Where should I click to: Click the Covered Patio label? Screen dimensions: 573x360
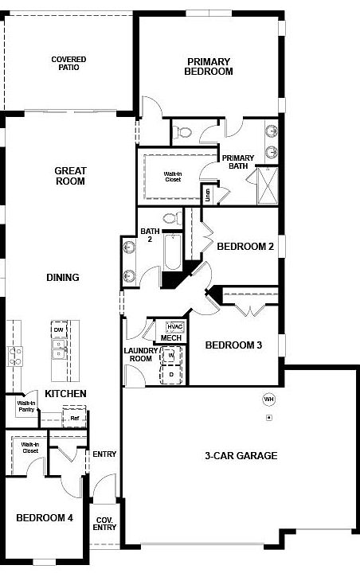pos(68,63)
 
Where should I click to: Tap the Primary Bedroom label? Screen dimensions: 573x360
pos(209,66)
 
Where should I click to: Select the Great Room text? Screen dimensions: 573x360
pos(70,176)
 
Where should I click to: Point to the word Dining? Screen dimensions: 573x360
pos(62,278)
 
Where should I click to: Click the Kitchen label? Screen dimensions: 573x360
pos(65,394)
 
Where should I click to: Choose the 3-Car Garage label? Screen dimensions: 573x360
pos(240,456)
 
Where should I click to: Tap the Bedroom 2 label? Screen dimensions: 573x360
pos(245,247)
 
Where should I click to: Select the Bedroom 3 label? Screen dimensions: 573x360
pos(233,345)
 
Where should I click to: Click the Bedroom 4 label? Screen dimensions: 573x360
pos(45,518)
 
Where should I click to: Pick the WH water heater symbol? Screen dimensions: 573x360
pos(268,398)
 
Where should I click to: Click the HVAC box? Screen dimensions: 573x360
pos(174,326)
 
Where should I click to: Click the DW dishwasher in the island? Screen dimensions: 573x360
pos(58,330)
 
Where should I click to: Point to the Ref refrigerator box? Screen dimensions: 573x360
pos(74,418)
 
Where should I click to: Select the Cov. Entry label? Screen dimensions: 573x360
pos(105,523)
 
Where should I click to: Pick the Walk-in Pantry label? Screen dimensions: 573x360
pos(25,407)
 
